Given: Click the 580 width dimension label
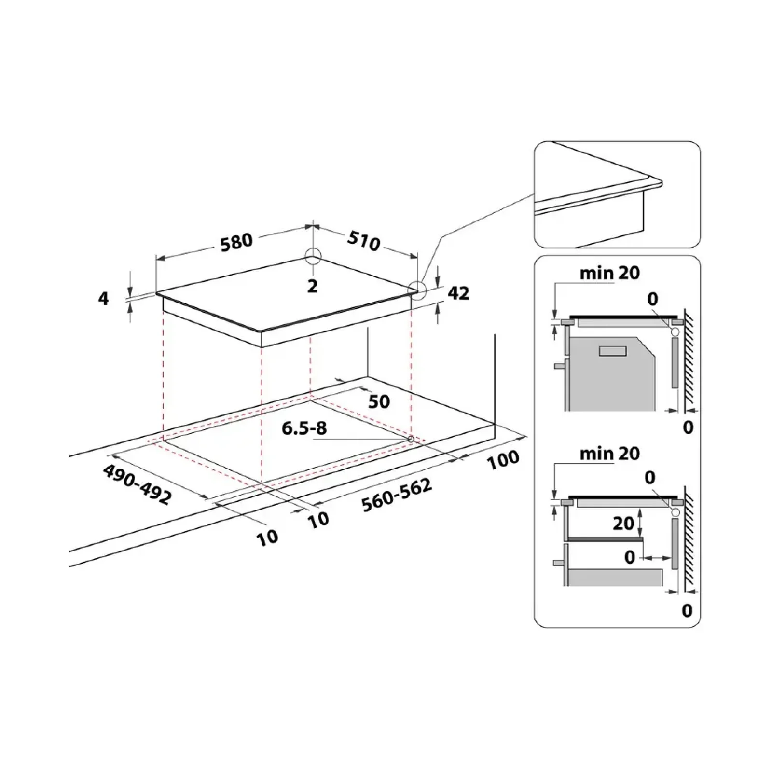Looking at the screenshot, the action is (x=236, y=242).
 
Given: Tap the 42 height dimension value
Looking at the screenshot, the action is (x=458, y=293).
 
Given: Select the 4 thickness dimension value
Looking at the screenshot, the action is (x=103, y=299).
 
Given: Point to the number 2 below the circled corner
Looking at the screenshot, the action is (x=313, y=286).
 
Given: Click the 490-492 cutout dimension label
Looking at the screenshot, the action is (x=137, y=484).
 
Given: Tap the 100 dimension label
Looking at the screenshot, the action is (x=503, y=460).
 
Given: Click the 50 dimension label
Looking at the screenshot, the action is (x=379, y=401).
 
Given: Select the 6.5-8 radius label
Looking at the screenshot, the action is (x=304, y=428).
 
